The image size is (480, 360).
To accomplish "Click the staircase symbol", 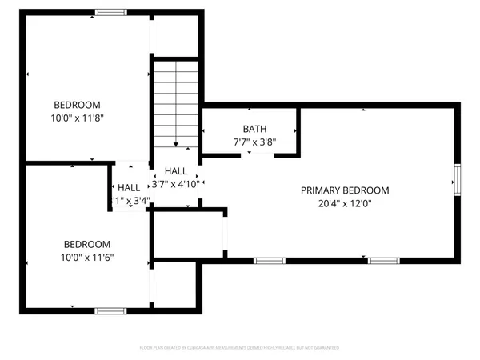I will (176, 103).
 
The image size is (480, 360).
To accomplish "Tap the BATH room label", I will (254, 129).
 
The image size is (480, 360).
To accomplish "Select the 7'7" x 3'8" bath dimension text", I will (254, 142).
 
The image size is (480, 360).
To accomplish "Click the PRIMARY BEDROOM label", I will (345, 190).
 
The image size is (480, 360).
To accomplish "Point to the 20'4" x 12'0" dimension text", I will (345, 203).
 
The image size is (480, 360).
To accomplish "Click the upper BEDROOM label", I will (77, 105).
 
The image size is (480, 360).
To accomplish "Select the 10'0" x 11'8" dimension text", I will (77, 118).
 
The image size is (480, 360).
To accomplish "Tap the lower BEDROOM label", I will (88, 244).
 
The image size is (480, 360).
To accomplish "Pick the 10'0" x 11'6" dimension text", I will (88, 257).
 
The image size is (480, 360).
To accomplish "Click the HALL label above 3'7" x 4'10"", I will (176, 171).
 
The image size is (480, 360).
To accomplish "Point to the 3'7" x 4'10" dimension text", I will (176, 185).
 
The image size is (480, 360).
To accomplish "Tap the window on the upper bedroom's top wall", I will (110, 12).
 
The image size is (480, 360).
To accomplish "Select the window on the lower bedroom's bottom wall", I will (110, 310).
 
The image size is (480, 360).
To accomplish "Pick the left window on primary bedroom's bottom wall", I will (269, 261).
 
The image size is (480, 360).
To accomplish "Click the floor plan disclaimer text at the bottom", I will (240, 348).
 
